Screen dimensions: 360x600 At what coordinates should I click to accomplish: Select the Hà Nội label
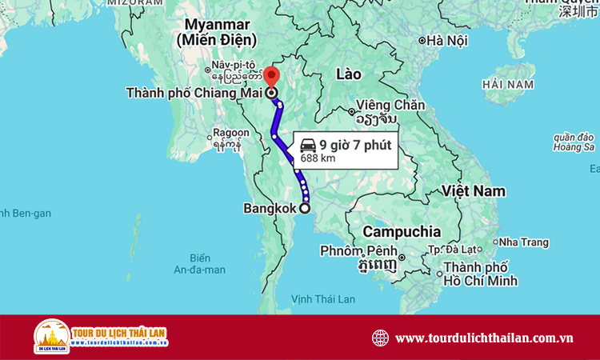[x=446, y=41]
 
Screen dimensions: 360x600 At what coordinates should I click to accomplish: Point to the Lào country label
[x=349, y=74]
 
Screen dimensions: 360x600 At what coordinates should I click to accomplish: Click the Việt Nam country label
[x=475, y=190]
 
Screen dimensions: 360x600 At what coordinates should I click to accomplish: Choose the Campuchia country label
[x=402, y=231]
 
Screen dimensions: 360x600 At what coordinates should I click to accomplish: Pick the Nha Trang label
[x=525, y=242]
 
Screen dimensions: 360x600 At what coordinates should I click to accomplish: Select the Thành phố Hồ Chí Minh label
[x=481, y=274]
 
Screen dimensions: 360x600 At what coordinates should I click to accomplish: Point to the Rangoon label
[x=230, y=134]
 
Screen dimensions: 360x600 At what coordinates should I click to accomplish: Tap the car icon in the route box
[x=307, y=145]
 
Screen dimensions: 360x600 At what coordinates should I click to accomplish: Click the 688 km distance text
[x=318, y=158]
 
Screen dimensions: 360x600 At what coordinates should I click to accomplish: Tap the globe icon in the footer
[x=380, y=338]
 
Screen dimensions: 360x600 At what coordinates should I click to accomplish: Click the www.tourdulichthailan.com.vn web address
[x=484, y=338]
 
